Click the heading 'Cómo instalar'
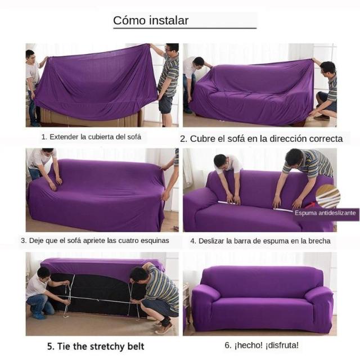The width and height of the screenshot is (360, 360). [x=151, y=20]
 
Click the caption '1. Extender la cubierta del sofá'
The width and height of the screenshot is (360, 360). [x=91, y=137]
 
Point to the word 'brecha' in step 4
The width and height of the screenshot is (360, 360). [x=319, y=241]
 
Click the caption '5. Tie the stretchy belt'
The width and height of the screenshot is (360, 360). [x=96, y=346]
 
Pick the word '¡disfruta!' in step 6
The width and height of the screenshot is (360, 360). [x=282, y=345]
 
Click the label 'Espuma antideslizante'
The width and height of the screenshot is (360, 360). [x=325, y=213]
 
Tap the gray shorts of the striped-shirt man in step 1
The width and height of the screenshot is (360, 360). [x=165, y=105]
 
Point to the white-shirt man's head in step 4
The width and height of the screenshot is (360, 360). [x=220, y=161]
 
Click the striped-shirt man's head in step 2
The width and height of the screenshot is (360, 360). [x=328, y=68]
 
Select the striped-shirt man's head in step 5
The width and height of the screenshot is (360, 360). [x=139, y=274]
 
